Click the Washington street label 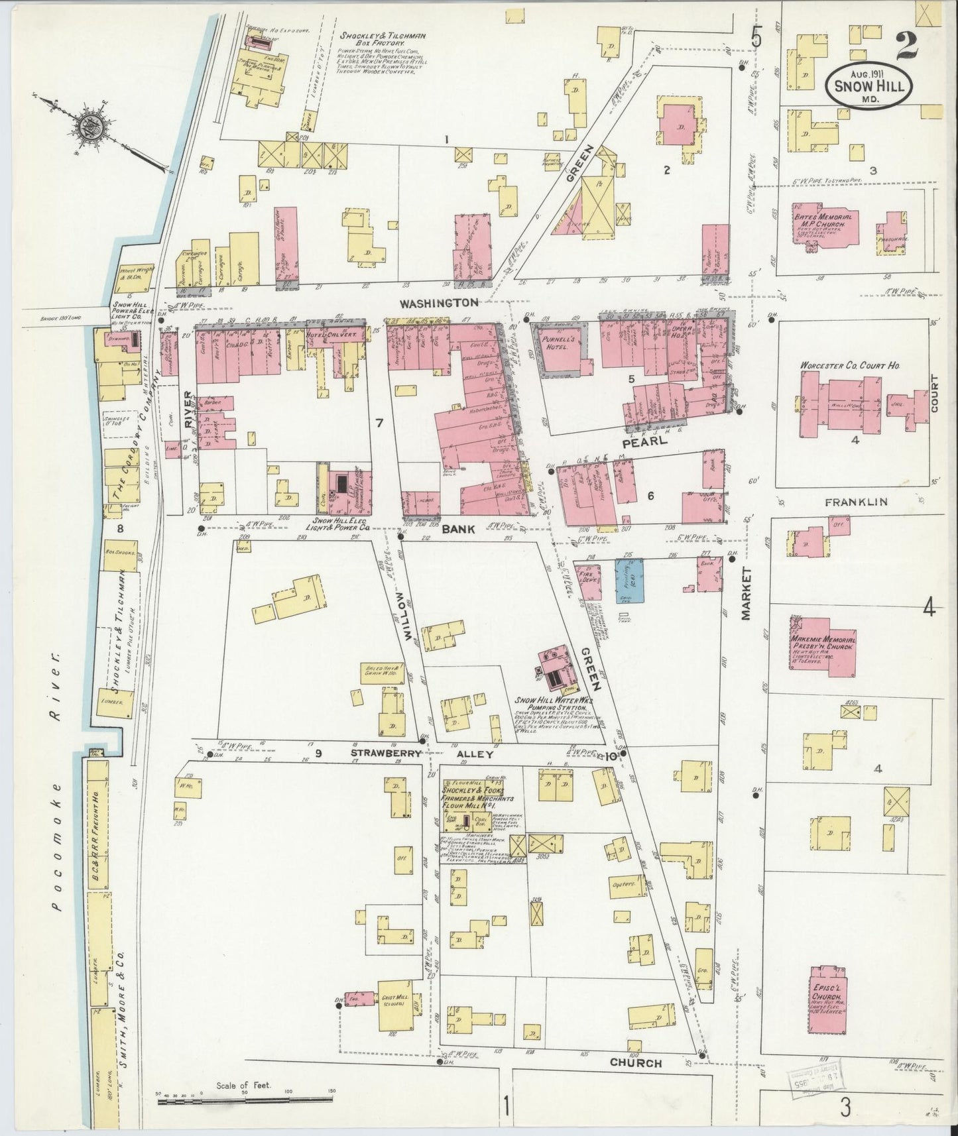pos(439,302)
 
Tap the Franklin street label pos(855,502)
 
